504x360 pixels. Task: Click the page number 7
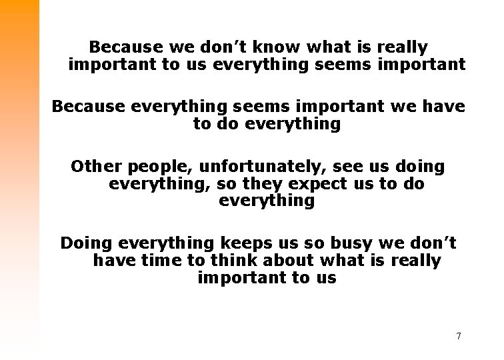click(x=459, y=335)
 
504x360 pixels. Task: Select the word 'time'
click(x=158, y=260)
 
